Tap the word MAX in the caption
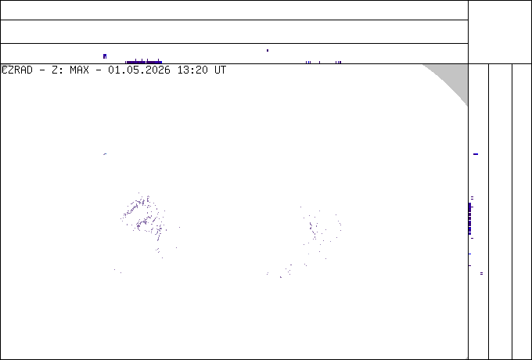[79, 70]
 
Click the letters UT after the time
[220, 70]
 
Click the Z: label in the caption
[58, 70]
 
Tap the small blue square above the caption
[105, 56]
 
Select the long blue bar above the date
[143, 62]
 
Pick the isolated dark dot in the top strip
[268, 51]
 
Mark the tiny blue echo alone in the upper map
[105, 154]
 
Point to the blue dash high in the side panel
[476, 154]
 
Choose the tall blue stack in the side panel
[469, 218]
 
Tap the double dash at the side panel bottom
[481, 273]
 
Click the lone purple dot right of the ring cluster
[179, 227]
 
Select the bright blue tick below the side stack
[469, 254]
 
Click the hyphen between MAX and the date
[99, 70]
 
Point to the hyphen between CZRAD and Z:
[42, 70]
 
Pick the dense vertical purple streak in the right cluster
[311, 227]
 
